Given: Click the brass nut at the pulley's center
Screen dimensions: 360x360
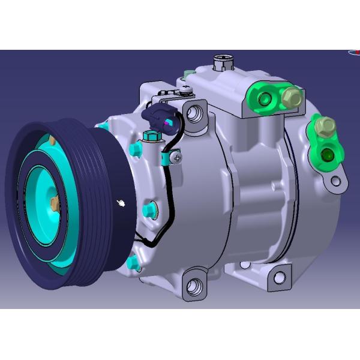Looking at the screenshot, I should tap(54, 205).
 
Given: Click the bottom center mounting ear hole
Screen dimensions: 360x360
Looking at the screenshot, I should tap(194, 286).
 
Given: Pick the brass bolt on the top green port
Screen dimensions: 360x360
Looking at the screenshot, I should tap(292, 96).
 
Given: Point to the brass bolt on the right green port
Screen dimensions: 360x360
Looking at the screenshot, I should tap(327, 127).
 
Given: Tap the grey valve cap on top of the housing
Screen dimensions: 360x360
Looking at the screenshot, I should tap(223, 62).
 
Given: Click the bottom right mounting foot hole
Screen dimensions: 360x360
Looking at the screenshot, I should tap(279, 277).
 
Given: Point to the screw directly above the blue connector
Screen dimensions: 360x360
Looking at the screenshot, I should tap(185, 90).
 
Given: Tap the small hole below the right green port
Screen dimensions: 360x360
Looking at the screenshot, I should tap(336, 181).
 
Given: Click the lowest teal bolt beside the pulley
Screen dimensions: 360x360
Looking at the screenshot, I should tap(132, 263).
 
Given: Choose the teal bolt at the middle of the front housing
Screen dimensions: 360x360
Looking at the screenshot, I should tap(149, 209).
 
